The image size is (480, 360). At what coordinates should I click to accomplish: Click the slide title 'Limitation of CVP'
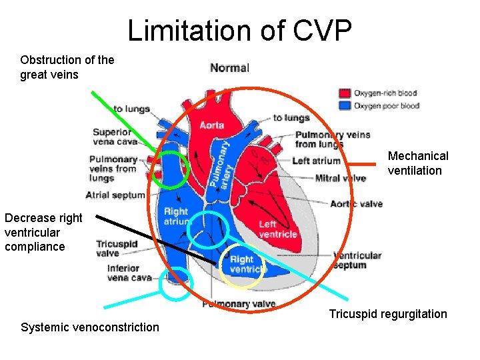pyautogui.click(x=239, y=31)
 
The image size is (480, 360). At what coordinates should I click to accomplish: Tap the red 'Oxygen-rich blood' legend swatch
pyautogui.click(x=345, y=93)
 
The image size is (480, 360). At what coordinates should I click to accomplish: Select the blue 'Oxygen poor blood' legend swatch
pyautogui.click(x=345, y=105)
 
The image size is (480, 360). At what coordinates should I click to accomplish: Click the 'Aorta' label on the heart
pyautogui.click(x=212, y=125)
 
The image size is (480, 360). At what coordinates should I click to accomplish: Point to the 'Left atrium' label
pyautogui.click(x=316, y=161)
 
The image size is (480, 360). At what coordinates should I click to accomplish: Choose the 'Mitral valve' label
pyautogui.click(x=340, y=178)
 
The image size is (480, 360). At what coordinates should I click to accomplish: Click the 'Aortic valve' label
pyautogui.click(x=356, y=203)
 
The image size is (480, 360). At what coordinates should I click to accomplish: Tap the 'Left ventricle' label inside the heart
pyautogui.click(x=277, y=229)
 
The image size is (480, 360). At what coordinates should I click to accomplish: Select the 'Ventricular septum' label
pyautogui.click(x=357, y=260)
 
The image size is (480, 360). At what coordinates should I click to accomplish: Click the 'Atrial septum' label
pyautogui.click(x=115, y=195)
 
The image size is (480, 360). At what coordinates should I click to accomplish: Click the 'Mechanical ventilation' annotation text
pyautogui.click(x=418, y=163)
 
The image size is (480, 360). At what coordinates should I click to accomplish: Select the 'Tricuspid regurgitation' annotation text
pyautogui.click(x=388, y=314)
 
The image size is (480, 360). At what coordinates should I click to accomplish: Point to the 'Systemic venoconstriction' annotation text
pyautogui.click(x=90, y=327)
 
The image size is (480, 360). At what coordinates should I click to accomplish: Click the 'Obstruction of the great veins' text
pyautogui.click(x=67, y=67)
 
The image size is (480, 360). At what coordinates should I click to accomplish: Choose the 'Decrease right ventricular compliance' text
pyautogui.click(x=43, y=232)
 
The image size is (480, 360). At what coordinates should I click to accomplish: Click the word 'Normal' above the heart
pyautogui.click(x=229, y=68)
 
